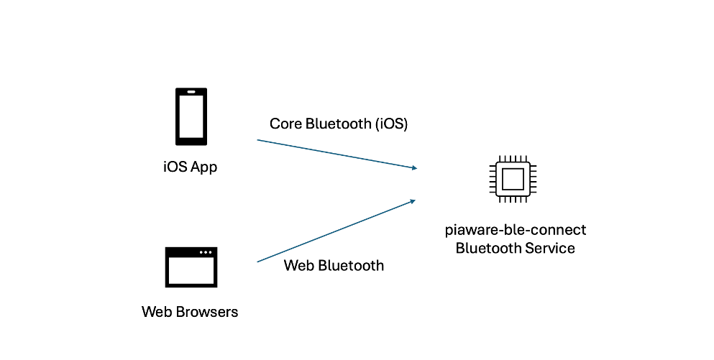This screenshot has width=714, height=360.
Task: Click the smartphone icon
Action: [191, 116]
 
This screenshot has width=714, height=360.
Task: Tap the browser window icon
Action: [191, 267]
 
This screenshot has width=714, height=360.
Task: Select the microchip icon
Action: [513, 179]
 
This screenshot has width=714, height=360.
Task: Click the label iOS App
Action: [191, 167]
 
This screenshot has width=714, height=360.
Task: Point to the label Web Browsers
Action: [190, 312]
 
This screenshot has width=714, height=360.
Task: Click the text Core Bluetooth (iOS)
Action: [339, 124]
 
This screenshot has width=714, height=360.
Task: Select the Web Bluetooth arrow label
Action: [334, 265]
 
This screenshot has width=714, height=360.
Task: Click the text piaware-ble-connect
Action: [516, 230]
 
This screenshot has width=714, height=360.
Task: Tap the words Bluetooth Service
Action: [515, 248]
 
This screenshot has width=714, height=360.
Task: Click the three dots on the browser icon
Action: [206, 252]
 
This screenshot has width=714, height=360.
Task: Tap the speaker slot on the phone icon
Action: [191, 92]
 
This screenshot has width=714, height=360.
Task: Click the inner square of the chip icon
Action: [513, 179]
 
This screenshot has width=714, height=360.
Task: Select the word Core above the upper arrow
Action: [285, 124]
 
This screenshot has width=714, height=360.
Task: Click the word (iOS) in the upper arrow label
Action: [392, 124]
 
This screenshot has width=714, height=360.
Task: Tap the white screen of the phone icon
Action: [191, 116]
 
